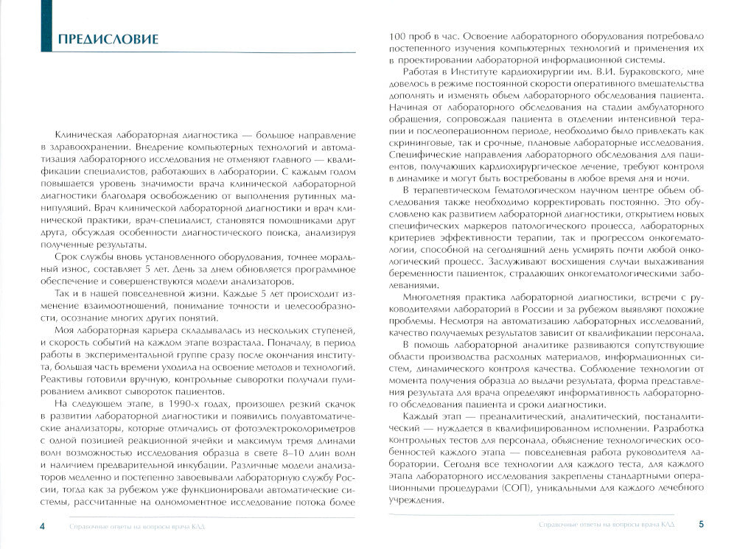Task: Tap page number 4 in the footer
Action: tap(41, 525)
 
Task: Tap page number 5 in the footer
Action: tap(701, 525)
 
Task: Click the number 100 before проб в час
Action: tap(399, 36)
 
